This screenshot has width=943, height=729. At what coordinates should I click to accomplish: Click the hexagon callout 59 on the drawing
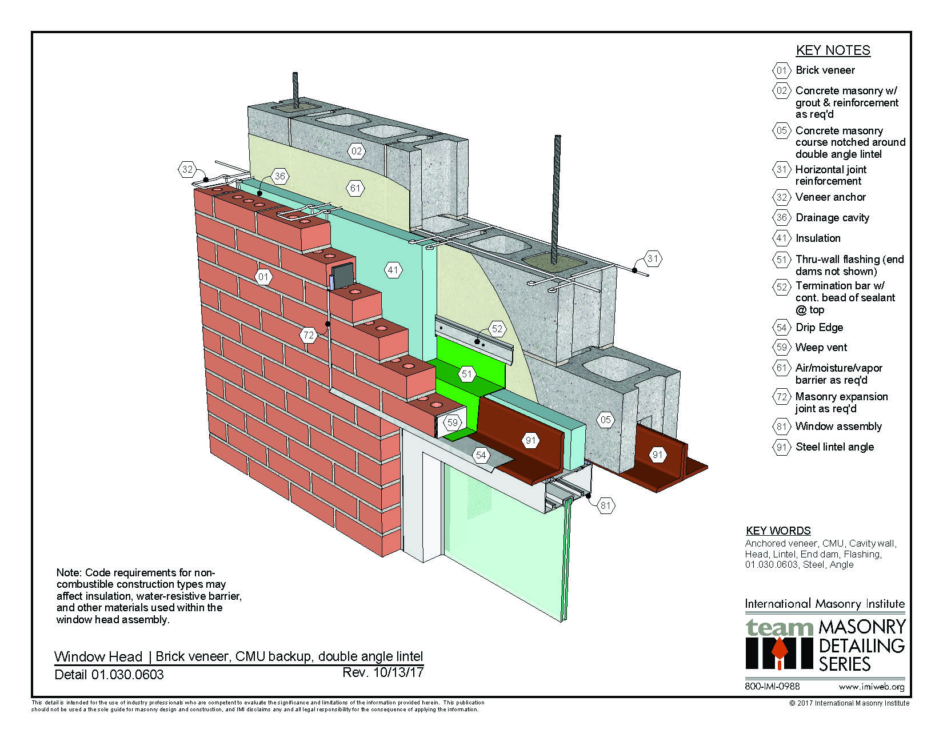[x=453, y=423]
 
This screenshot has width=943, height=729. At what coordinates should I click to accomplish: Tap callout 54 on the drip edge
[x=481, y=455]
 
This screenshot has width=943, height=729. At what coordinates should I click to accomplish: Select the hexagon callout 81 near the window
[x=605, y=505]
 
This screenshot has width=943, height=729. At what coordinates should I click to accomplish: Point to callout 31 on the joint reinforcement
[x=653, y=258]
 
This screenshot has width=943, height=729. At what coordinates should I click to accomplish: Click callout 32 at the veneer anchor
[x=187, y=169]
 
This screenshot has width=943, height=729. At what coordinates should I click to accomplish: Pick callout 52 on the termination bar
[x=497, y=329]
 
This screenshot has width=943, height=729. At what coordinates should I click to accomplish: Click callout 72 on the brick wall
[x=309, y=335]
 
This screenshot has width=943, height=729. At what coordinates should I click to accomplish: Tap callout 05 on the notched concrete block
[x=605, y=420]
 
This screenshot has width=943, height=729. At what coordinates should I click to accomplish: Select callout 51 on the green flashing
[x=467, y=374]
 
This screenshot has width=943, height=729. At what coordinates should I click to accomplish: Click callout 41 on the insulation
[x=393, y=270]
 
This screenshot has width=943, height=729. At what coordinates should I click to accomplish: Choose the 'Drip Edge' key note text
[x=819, y=328]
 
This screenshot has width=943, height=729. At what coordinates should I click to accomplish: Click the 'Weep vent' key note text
[x=821, y=348]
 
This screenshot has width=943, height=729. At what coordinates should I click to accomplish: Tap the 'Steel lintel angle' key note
[x=834, y=447]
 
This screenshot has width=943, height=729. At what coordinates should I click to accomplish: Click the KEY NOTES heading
[x=833, y=50]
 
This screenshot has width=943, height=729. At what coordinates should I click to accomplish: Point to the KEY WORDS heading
[x=778, y=531]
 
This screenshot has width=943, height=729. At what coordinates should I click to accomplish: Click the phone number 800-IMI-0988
[x=772, y=686]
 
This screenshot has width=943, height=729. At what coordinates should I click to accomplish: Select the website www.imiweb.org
[x=871, y=687]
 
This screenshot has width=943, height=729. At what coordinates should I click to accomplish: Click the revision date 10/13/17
[x=398, y=672]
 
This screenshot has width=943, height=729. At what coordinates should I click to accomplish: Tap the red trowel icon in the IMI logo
[x=778, y=652]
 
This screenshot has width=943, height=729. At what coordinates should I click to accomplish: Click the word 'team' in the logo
[x=778, y=627]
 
